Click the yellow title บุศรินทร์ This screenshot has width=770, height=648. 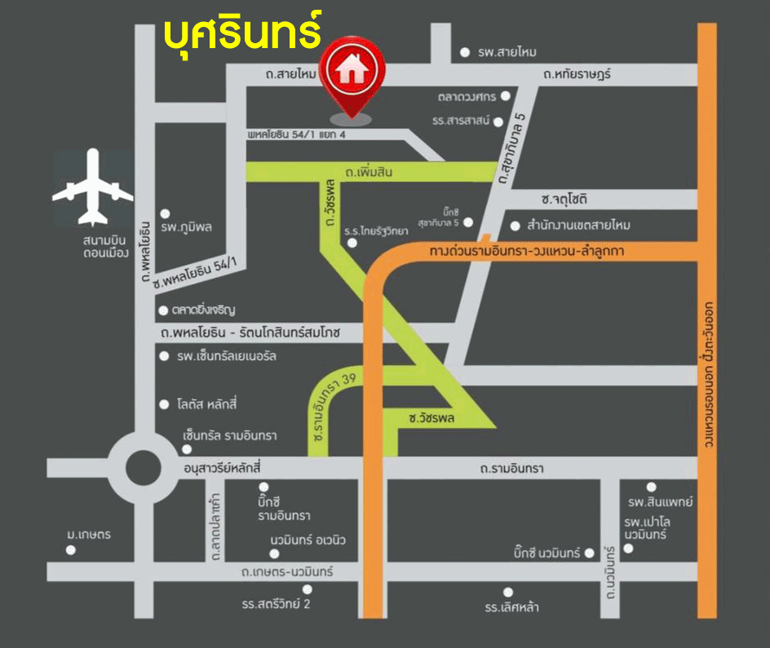pos(242,31)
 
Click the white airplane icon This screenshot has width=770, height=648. pos(92,187)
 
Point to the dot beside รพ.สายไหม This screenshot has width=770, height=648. pos(465,52)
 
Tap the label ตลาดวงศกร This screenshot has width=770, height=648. pos(467,96)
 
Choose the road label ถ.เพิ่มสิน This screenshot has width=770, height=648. pos(370,173)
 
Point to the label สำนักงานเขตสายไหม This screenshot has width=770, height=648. pos(578,225)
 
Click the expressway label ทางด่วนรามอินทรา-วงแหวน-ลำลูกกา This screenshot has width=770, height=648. pos(526,252)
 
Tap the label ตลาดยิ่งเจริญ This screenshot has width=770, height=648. pos(203,310)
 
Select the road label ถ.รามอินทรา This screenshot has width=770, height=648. pos(511,469)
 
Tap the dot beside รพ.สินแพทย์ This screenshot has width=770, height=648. pos(651,487)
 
